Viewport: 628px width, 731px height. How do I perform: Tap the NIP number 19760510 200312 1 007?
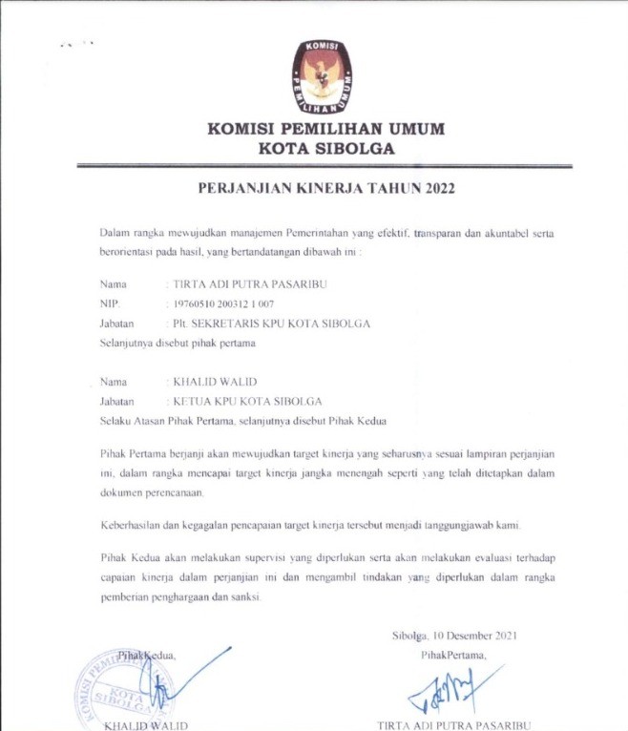pyautogui.click(x=220, y=303)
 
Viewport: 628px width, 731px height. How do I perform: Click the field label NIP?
pyautogui.click(x=109, y=303)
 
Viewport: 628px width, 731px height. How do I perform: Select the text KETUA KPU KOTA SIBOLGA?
pyautogui.click(x=247, y=401)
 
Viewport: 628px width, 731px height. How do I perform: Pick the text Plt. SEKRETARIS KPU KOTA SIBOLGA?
pyautogui.click(x=271, y=324)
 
